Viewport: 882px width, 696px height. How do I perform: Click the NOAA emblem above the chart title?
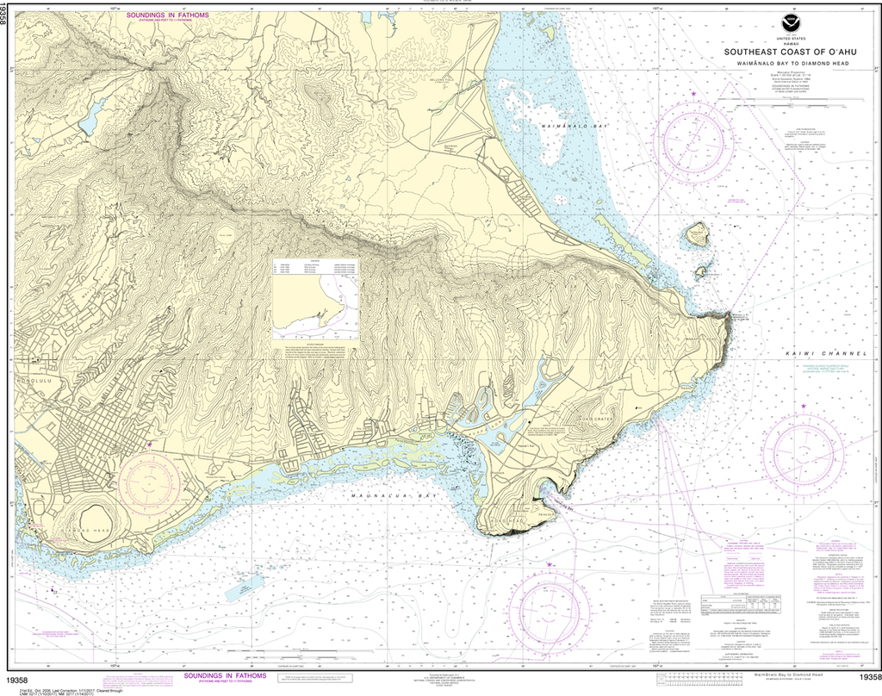790,24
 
